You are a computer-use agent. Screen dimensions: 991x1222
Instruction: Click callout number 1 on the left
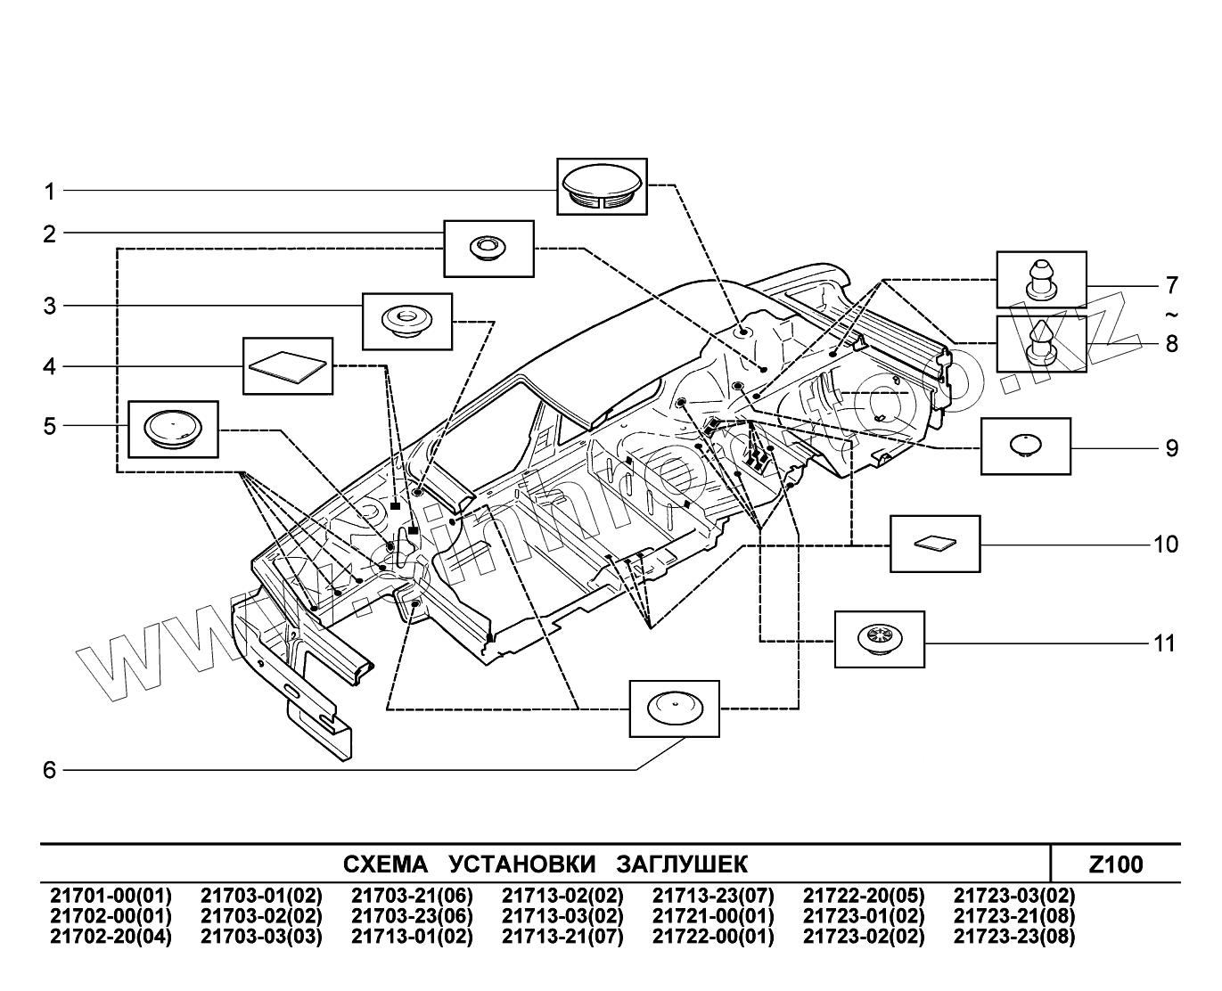click(x=50, y=191)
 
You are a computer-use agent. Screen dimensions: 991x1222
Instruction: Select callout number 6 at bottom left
click(x=50, y=770)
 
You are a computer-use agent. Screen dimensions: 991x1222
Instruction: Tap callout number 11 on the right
click(x=1165, y=643)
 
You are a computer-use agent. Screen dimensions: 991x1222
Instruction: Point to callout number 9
click(x=1172, y=447)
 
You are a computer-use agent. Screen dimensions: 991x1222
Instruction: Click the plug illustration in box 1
click(x=602, y=186)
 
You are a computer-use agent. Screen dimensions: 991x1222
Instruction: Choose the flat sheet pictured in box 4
click(x=287, y=365)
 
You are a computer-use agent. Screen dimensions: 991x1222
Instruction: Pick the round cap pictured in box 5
click(x=172, y=429)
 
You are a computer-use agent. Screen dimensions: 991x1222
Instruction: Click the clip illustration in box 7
click(x=1041, y=279)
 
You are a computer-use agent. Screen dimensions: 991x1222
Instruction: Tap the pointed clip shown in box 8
click(x=1041, y=344)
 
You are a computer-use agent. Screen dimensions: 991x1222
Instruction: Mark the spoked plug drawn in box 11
click(x=879, y=639)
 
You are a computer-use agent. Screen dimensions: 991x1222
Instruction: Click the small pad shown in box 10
click(x=934, y=543)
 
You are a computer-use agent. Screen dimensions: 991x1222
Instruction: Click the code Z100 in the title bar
click(x=1115, y=864)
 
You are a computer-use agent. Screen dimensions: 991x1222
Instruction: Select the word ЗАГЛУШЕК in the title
click(x=682, y=864)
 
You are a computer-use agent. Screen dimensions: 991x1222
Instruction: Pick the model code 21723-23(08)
click(x=1014, y=937)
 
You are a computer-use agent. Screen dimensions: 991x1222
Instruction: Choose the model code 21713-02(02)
click(x=562, y=896)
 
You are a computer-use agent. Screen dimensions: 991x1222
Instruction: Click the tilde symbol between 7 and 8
click(x=1171, y=315)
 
